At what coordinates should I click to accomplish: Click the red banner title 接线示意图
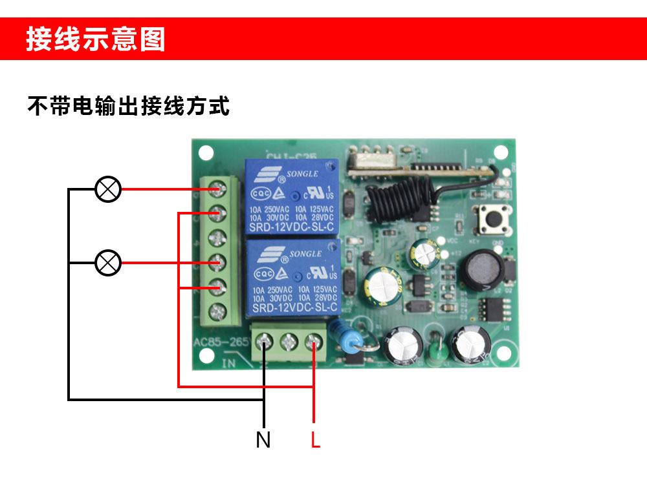click(96, 39)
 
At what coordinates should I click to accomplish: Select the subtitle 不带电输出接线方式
click(128, 105)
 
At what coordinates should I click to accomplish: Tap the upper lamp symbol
click(108, 189)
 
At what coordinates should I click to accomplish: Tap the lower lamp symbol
click(108, 263)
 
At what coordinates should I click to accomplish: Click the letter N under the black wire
click(263, 440)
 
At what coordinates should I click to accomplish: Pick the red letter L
click(315, 440)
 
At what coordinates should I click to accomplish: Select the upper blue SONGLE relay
click(291, 196)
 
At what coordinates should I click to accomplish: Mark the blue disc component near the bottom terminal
click(338, 332)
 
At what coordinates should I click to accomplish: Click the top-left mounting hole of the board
click(205, 154)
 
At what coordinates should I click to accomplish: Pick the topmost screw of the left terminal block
click(216, 189)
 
